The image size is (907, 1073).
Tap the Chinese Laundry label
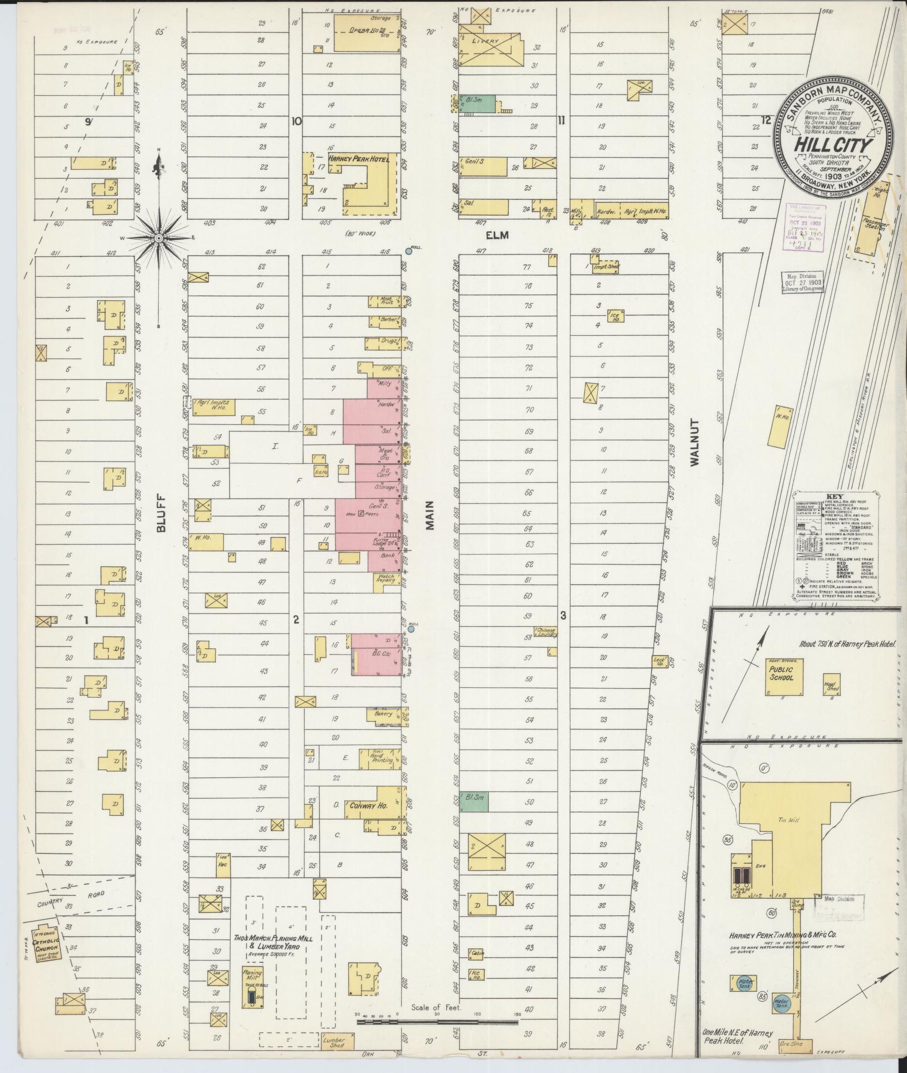coord(545,633)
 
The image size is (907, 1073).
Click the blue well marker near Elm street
coord(408,252)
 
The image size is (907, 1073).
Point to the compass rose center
coord(159,238)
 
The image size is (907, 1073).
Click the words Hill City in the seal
coord(833,145)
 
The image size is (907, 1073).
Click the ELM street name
coord(497,236)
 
